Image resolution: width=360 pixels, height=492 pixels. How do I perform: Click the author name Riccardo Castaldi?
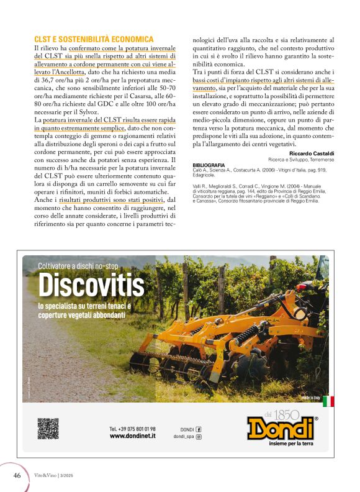click(314, 153)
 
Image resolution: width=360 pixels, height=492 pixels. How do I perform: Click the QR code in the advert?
click(48, 429)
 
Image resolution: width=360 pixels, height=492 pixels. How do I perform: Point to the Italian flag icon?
click(328, 401)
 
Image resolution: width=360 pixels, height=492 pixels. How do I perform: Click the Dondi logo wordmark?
click(280, 428)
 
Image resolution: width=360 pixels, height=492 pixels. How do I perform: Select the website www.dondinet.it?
click(132, 436)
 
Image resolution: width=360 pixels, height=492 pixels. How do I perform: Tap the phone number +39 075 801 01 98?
click(133, 429)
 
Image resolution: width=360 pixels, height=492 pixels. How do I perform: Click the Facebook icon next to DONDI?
click(199, 429)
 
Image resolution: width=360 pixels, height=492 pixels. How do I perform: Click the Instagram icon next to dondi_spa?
click(199, 437)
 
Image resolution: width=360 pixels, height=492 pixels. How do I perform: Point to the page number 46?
click(17, 475)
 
